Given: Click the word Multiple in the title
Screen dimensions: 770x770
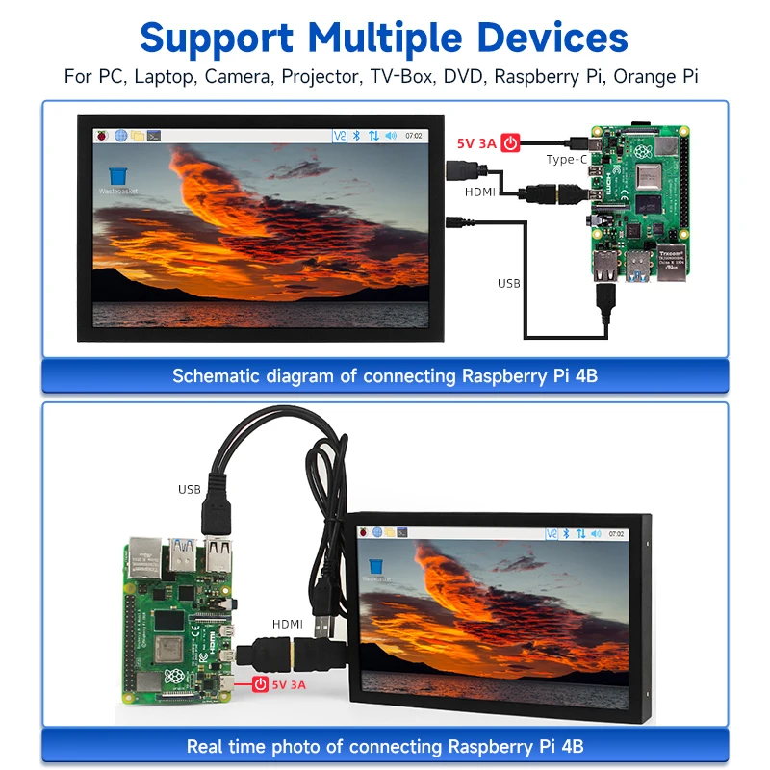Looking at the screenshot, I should point(385,38).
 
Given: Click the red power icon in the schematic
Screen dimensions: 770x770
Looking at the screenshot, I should point(511,143).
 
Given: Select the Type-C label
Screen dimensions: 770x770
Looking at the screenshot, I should point(566,160).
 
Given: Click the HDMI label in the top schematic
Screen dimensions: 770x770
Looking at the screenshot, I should point(480,192).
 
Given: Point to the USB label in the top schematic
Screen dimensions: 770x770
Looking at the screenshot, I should point(508,283).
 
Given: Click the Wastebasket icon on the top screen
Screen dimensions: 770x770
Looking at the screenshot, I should point(118,176).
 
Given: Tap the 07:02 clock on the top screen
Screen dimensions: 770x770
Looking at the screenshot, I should point(414,136).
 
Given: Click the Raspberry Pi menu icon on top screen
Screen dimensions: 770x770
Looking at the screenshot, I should point(101,136).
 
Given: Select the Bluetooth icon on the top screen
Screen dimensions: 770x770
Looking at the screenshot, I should point(355,136).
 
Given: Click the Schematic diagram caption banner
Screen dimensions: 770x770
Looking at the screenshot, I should point(385,375).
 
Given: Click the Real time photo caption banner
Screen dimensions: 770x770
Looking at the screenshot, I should point(385,746).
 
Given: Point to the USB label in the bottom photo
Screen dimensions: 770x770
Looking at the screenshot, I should point(190,489).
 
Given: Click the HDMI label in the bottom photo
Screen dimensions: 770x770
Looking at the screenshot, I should point(288,624).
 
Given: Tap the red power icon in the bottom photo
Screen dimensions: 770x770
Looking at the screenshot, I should point(259,685).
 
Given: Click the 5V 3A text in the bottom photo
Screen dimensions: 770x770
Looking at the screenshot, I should point(290,685).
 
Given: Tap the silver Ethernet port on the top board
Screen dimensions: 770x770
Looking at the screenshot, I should point(670,264).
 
